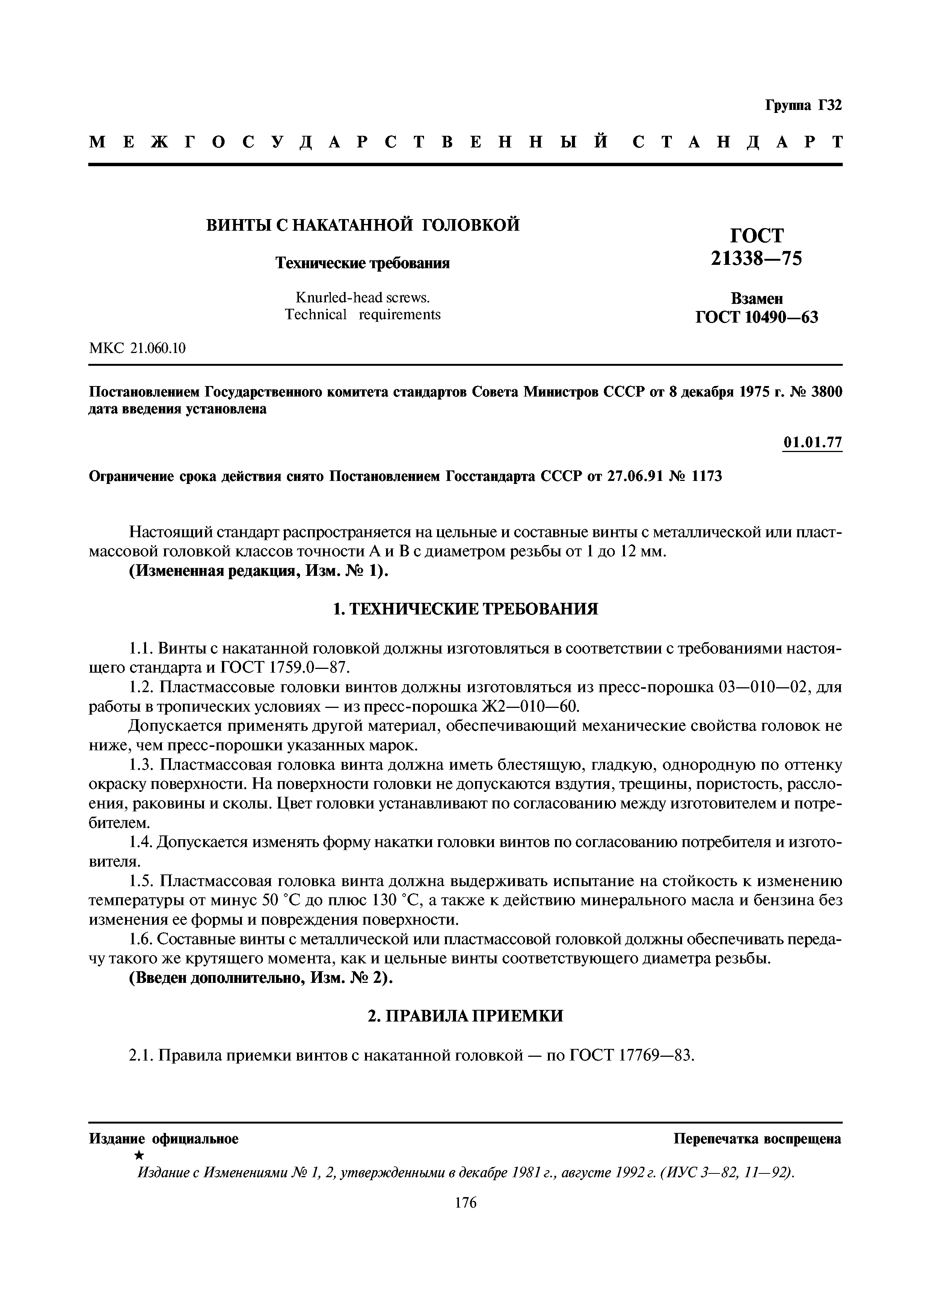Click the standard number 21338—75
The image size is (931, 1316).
coord(756,260)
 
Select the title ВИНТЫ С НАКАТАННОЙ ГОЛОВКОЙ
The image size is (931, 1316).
coord(362,225)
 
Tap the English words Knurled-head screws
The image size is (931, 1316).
coord(362,297)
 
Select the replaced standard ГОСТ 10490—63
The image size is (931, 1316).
coord(756,317)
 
